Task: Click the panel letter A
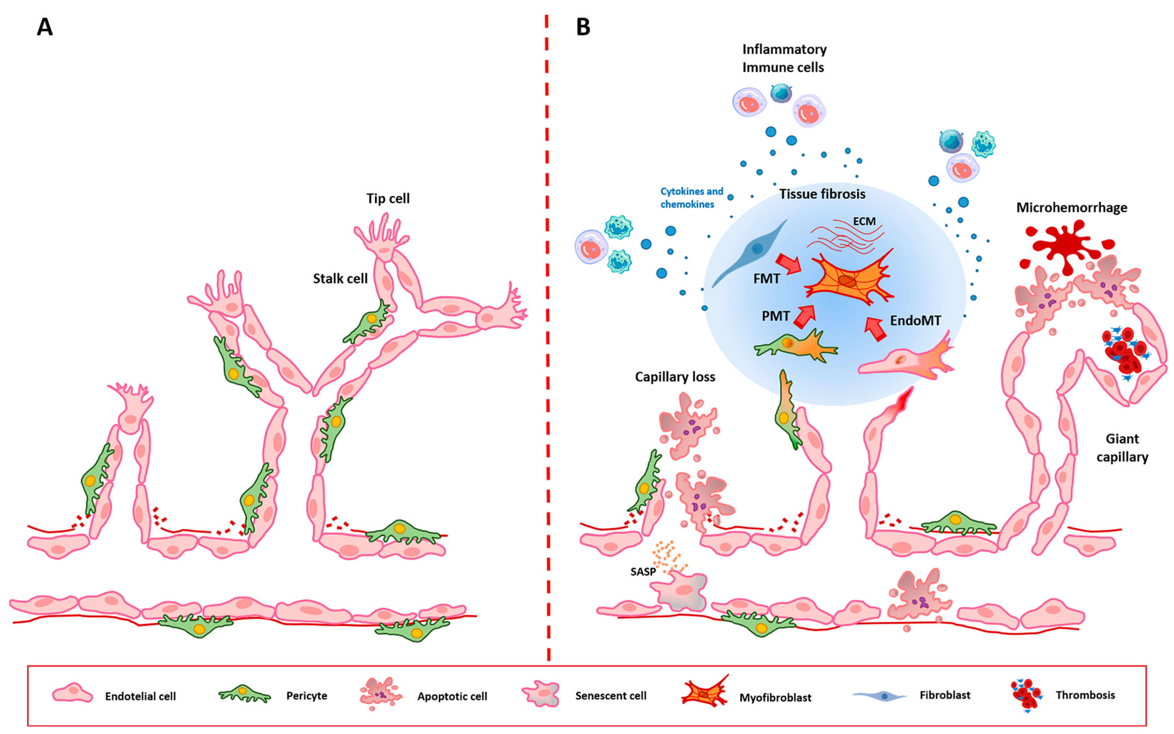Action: pyautogui.click(x=45, y=27)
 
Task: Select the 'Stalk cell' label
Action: pyautogui.click(x=340, y=279)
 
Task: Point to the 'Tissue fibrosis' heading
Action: pyautogui.click(x=822, y=194)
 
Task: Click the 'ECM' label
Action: pyautogui.click(x=864, y=221)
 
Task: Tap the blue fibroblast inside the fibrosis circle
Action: pyautogui.click(x=750, y=252)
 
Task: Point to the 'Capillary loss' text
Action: pyautogui.click(x=675, y=377)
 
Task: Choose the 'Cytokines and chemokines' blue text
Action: pyautogui.click(x=691, y=197)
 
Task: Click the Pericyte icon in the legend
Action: pyautogui.click(x=244, y=695)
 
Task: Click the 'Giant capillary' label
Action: pyautogui.click(x=1122, y=448)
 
